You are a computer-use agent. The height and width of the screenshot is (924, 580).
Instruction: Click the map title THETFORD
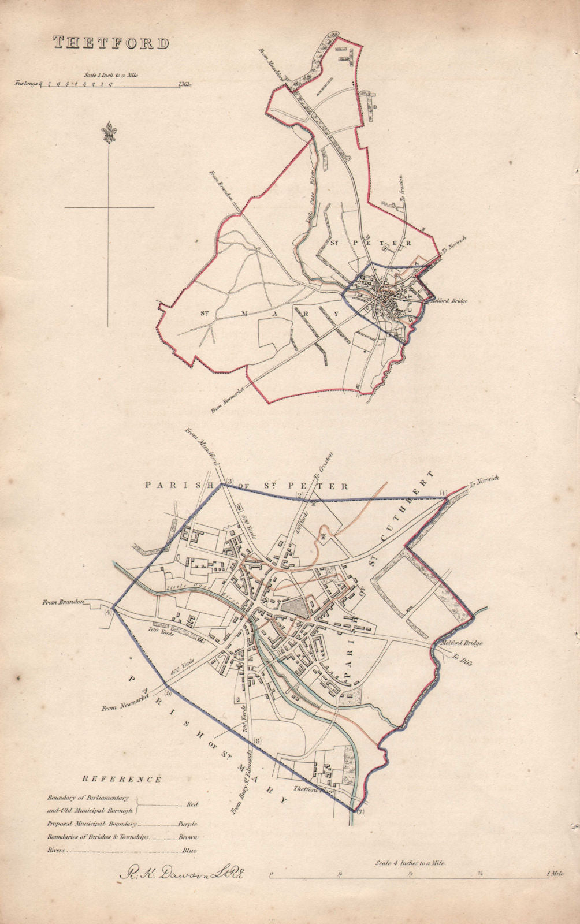[111, 42]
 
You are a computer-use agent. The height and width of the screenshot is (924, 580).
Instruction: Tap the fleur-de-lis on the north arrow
[108, 133]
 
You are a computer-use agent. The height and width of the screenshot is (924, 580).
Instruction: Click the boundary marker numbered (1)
[444, 492]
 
